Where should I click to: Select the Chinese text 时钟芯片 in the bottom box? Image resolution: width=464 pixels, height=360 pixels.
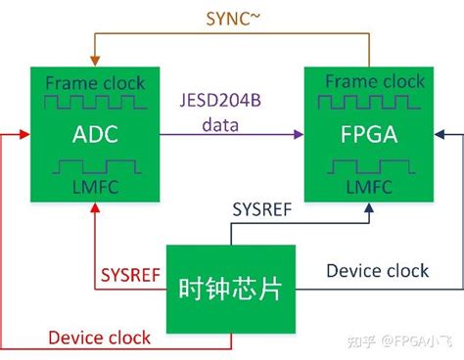(x=231, y=291)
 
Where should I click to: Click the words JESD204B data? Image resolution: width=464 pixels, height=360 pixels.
(x=233, y=113)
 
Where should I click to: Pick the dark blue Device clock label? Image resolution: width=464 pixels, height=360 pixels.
(x=377, y=270)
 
